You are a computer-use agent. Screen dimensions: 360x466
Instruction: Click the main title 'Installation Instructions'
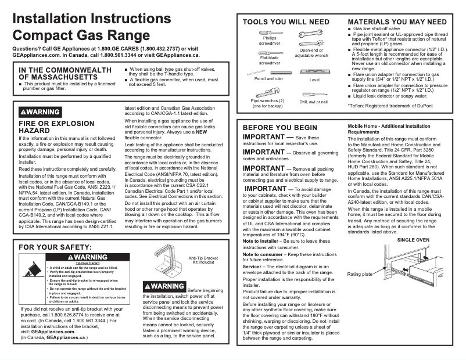[x=91, y=18]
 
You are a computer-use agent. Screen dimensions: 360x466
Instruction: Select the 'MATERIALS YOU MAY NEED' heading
[x=397, y=22]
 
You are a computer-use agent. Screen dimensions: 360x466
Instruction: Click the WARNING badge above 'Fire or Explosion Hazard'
[x=40, y=111]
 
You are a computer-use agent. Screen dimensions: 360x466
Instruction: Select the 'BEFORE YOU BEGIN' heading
[x=279, y=127]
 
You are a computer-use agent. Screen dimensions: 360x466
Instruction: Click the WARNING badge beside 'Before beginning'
[x=164, y=286]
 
